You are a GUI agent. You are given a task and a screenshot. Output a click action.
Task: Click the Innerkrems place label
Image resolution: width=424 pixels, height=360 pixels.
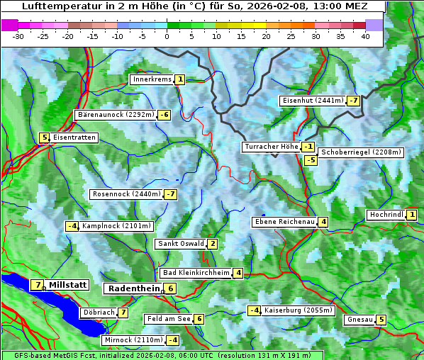152,79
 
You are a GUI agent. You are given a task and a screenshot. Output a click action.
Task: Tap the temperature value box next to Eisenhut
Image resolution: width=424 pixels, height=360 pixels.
354,101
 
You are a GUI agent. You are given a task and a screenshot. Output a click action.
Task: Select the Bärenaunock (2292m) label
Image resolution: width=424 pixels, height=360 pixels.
115,115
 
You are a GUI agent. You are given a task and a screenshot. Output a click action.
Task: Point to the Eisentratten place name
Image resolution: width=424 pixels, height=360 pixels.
74,137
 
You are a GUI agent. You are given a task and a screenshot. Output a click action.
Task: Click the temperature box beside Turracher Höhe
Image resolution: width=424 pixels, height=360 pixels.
308,147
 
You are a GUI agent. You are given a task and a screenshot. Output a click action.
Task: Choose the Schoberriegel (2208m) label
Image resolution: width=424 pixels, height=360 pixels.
361,152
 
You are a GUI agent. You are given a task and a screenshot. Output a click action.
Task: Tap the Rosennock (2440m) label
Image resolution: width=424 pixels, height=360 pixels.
125,194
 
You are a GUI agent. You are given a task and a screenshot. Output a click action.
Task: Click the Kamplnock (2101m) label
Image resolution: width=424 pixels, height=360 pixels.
116,227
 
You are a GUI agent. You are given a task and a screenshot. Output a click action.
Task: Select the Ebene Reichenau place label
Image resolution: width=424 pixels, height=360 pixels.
284,222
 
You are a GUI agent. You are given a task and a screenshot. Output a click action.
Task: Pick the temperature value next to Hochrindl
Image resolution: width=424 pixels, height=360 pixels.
412,215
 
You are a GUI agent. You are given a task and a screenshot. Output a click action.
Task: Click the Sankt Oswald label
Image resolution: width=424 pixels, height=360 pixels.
180,244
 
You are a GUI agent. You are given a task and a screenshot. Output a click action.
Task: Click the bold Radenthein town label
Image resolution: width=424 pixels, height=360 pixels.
134,288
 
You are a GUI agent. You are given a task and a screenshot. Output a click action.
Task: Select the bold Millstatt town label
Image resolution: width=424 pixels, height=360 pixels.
68,285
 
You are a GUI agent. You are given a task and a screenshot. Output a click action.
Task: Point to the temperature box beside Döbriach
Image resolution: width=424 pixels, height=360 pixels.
123,313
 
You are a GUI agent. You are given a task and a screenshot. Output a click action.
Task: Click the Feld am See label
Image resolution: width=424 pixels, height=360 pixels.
168,320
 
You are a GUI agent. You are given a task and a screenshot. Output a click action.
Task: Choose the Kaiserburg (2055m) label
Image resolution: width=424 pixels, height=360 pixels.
298,310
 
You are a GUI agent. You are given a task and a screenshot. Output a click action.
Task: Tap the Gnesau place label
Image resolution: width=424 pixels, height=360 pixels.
359,320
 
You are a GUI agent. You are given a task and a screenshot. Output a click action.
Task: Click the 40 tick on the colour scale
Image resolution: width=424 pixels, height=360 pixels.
365,35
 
